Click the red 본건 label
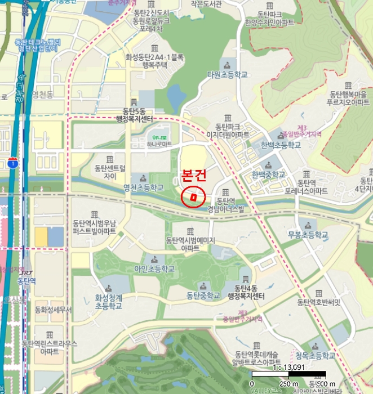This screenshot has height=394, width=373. [195, 176]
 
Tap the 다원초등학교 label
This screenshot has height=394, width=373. [227, 74]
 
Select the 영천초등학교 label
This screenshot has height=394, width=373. [143, 187]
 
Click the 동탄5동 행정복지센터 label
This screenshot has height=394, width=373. [138, 115]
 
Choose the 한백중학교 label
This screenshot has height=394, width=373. [268, 174]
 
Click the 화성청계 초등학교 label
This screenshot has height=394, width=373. [108, 302]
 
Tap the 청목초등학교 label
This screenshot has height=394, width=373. [315, 356]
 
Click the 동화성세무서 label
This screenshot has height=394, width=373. [53, 310]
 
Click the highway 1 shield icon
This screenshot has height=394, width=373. [12, 163]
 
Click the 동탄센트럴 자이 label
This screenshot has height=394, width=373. [109, 172]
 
